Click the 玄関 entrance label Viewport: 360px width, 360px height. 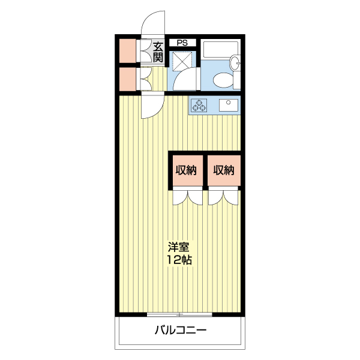(158, 52)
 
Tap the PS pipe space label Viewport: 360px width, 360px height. (182, 43)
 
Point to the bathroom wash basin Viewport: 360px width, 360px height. (236, 62)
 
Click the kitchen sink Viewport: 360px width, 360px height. (229, 106)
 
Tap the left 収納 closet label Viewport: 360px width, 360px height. (186, 170)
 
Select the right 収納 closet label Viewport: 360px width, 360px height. (223, 170)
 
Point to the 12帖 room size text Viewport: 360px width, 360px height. (179, 260)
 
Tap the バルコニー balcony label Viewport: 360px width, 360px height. (180, 330)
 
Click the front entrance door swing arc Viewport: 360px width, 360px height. (151, 24)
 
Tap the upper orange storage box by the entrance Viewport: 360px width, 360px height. (127, 51)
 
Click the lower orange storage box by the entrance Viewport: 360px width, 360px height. (127, 79)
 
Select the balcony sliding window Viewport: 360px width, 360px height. (180, 314)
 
